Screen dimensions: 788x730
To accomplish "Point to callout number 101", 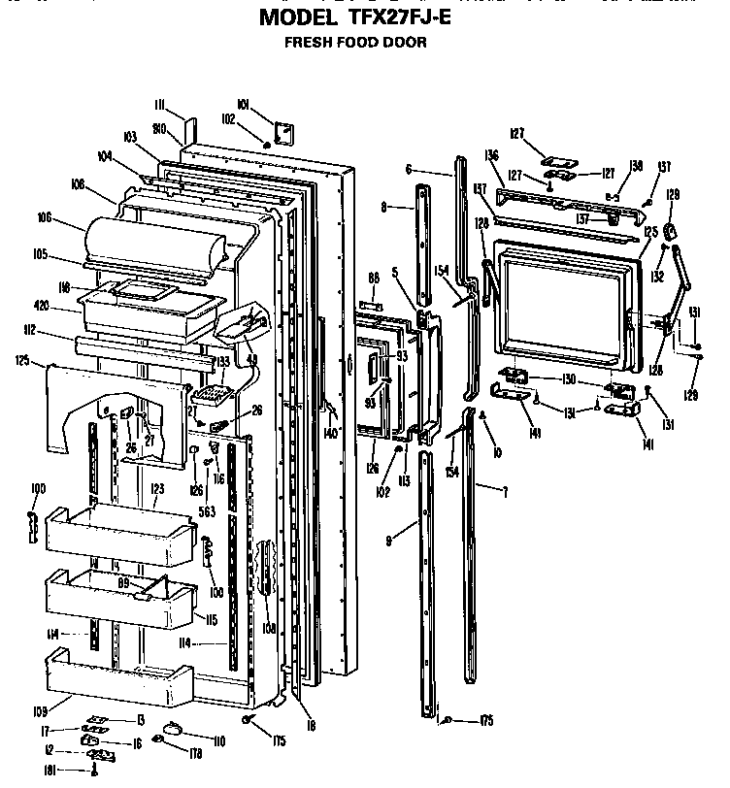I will tap(243, 104).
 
